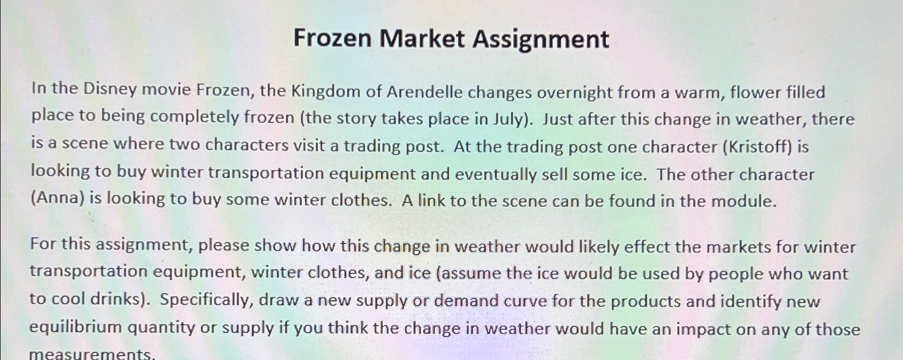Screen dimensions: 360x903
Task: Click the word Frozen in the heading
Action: (x=332, y=39)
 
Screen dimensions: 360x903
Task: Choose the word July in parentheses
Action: (x=510, y=118)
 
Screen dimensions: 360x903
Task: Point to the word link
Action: (x=431, y=200)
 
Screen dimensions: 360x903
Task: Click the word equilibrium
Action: (x=75, y=327)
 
